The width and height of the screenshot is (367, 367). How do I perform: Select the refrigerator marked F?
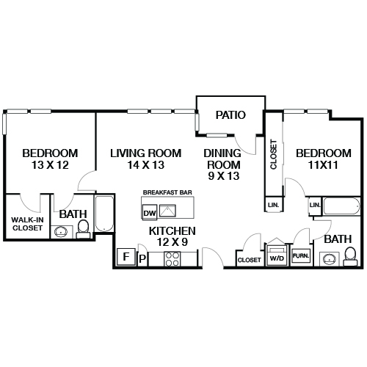coord(126,257)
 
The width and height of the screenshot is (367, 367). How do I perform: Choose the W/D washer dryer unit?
coord(277,258)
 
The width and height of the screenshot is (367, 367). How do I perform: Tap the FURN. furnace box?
coord(299,256)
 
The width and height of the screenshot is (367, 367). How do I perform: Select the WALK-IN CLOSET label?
coord(27,223)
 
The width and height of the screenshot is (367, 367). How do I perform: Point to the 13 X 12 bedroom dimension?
coord(50,165)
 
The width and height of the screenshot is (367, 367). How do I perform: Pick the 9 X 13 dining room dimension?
coord(222,176)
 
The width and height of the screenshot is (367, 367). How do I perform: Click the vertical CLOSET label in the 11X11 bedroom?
coord(273,154)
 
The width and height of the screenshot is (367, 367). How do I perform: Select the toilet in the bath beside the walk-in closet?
coord(82,228)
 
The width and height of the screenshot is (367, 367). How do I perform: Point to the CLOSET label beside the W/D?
coord(249,260)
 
